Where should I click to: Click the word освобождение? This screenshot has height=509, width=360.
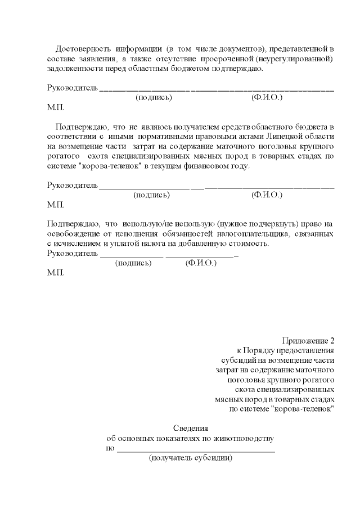point(71,234)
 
